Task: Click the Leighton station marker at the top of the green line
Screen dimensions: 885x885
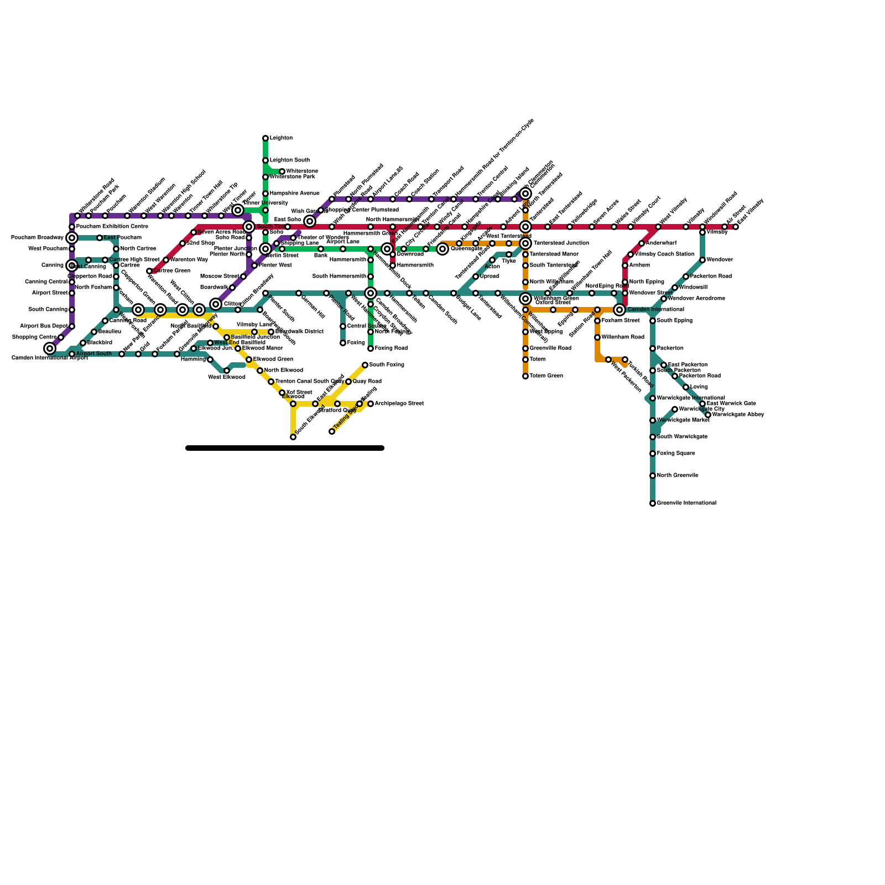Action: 265,138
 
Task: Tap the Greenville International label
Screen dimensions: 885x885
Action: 686,503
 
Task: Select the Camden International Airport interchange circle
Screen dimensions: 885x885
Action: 50,348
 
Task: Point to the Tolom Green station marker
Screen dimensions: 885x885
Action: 525,376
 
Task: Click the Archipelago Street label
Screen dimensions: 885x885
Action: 399,404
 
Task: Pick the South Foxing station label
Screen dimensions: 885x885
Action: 387,365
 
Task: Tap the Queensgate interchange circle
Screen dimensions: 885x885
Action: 442,249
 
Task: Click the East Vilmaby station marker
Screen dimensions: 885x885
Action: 736,227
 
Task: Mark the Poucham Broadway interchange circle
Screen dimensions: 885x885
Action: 72,238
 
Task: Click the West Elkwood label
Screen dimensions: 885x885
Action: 226,377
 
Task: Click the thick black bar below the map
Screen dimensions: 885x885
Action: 285,448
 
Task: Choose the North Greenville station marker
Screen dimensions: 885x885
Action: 653,476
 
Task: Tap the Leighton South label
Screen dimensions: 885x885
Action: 289,160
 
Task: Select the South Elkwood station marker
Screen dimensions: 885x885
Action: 293,437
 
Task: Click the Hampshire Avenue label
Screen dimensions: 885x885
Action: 294,194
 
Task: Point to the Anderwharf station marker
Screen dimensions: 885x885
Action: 642,243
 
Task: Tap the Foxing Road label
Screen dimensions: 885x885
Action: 391,348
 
